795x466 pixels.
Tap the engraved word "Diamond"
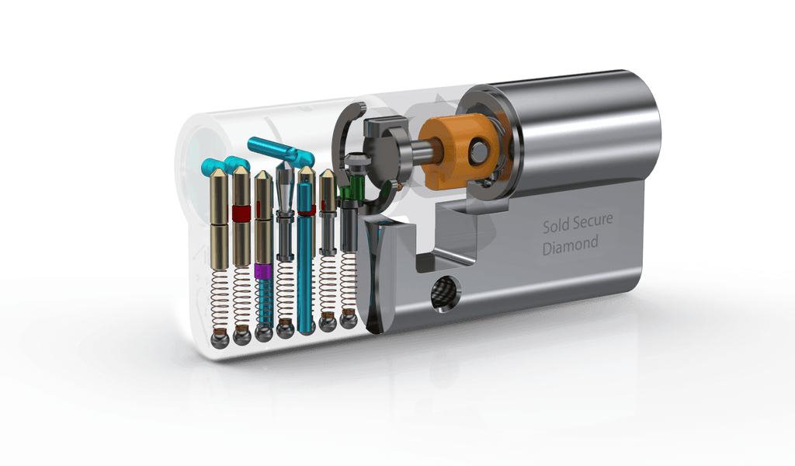571,245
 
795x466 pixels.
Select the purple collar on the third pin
263,271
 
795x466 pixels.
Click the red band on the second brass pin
241,213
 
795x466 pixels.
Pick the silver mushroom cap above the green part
357,160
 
